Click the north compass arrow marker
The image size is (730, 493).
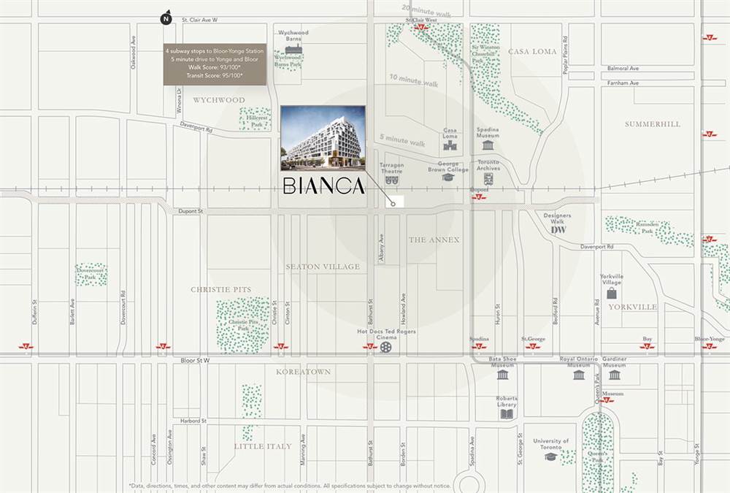click(166, 18)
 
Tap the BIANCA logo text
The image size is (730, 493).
click(323, 187)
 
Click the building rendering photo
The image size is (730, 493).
click(322, 136)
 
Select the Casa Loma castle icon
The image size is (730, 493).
click(450, 145)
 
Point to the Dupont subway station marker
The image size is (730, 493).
click(478, 197)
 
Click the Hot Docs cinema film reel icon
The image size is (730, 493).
click(385, 347)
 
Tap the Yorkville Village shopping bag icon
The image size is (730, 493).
click(611, 293)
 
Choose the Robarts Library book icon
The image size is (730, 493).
click(507, 414)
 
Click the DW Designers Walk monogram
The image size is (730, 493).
click(558, 229)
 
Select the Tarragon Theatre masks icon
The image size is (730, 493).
click(391, 178)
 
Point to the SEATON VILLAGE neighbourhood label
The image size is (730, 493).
click(323, 267)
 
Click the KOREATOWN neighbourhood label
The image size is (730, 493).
click(303, 372)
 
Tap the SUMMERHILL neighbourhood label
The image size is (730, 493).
click(652, 124)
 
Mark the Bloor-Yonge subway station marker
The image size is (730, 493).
click(709, 346)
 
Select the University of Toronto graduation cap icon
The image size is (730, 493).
click(550, 456)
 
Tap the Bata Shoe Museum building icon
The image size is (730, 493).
click(502, 375)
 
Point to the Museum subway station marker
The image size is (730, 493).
click(607, 400)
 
